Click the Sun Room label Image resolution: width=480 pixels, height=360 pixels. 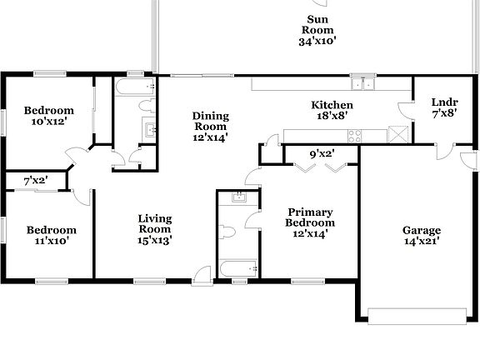pyautogui.click(x=316, y=24)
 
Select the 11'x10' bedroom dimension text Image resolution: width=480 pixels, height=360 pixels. pyautogui.click(x=51, y=241)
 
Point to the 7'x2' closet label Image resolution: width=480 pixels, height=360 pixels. pyautogui.click(x=34, y=180)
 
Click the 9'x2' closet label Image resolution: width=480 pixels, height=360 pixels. pyautogui.click(x=322, y=153)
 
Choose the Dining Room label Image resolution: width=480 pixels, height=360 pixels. pyautogui.click(x=210, y=122)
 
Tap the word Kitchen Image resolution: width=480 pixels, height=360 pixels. pyautogui.click(x=332, y=105)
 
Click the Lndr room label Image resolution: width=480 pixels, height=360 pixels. pyautogui.click(x=443, y=102)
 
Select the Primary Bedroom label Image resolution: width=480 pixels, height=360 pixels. pyautogui.click(x=310, y=217)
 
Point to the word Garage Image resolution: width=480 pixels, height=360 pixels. pyautogui.click(x=422, y=230)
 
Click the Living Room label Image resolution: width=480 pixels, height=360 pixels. pyautogui.click(x=155, y=223)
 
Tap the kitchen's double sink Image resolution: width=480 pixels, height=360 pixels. pyautogui.click(x=362, y=83)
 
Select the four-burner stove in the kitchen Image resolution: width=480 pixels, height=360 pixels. pyautogui.click(x=354, y=135)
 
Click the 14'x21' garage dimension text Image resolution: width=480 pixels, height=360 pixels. pyautogui.click(x=422, y=242)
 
